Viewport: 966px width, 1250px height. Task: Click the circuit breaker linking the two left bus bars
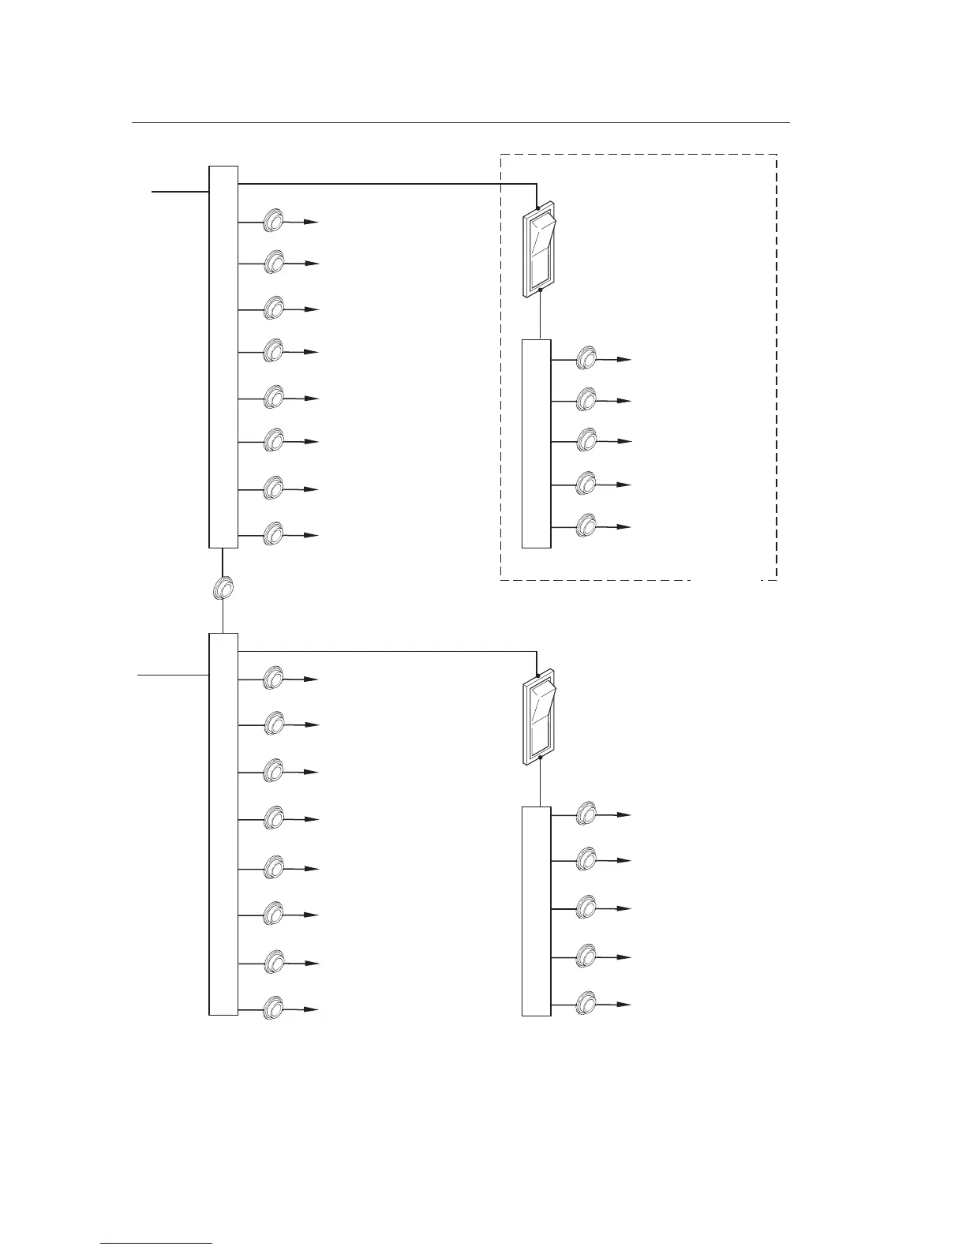(223, 589)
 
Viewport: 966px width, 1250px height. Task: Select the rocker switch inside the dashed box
(540, 252)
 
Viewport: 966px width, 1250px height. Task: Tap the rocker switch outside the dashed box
(540, 717)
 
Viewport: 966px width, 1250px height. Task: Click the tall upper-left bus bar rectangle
(223, 357)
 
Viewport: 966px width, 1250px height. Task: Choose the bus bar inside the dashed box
(537, 443)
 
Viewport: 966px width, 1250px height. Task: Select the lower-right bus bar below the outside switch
(537, 911)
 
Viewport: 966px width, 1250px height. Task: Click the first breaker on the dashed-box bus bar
(586, 358)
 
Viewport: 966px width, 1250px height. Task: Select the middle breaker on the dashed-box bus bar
(586, 440)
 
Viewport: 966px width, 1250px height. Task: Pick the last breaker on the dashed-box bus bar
(586, 526)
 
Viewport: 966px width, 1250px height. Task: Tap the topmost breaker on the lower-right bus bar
(586, 813)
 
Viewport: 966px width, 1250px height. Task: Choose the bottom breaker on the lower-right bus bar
(586, 1003)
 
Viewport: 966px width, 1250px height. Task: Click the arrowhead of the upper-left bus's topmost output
(313, 223)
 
